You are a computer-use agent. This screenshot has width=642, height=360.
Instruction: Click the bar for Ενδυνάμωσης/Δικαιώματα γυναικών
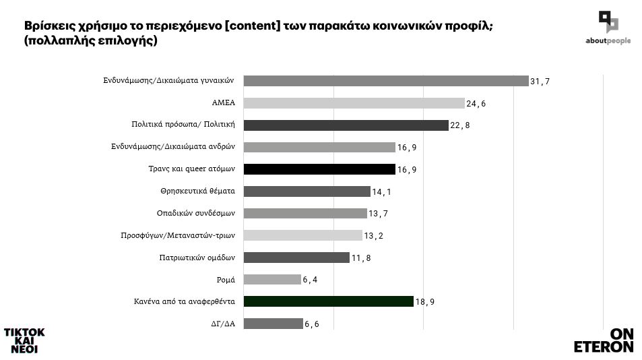(385, 81)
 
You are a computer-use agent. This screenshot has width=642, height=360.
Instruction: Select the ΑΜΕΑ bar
(354, 103)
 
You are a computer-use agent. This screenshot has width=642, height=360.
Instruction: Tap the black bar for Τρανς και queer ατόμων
(319, 169)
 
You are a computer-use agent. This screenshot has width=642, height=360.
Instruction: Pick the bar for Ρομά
(271, 279)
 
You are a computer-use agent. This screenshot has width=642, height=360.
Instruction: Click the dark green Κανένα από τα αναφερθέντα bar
(328, 301)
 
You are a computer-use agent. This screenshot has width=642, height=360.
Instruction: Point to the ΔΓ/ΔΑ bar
(273, 324)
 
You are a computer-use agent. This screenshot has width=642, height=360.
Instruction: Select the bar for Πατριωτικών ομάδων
(296, 258)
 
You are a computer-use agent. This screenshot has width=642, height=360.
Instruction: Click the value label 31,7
(540, 82)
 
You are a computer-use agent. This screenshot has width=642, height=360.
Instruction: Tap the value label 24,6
(476, 104)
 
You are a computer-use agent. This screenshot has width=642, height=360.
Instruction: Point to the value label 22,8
(460, 126)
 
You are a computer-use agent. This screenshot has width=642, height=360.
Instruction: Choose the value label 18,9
(425, 302)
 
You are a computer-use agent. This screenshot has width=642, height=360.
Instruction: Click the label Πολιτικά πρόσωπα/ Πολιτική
(182, 125)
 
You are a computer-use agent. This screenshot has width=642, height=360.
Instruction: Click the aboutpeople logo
(608, 28)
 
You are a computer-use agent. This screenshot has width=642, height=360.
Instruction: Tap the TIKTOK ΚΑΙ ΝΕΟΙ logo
(24, 340)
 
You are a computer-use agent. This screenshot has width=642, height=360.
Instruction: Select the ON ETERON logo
(604, 340)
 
